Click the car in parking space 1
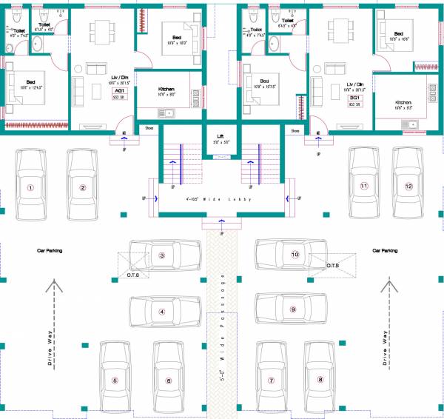tap(30, 186)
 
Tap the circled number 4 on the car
tap(161, 312)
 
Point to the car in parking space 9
tap(292, 309)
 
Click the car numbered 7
tap(272, 379)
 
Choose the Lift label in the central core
tap(221, 136)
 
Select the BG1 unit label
tap(354, 98)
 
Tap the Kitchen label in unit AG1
tap(166, 88)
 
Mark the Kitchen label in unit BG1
tap(403, 103)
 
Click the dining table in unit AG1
tap(100, 31)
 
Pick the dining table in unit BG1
tap(340, 31)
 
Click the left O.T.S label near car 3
tap(132, 275)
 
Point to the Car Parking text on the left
tap(50, 251)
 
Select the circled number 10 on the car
tap(295, 255)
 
